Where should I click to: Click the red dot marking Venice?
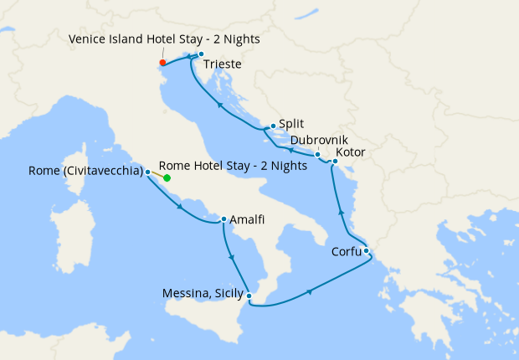coord(162,62)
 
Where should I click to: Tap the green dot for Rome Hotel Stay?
coord(167,177)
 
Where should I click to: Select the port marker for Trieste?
coord(201,54)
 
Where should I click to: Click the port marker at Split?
coord(273,126)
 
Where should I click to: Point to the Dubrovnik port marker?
coord(317,154)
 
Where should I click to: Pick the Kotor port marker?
coord(335,161)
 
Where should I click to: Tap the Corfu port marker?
coord(367,250)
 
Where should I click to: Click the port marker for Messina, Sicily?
coord(249,294)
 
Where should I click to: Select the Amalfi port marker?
coord(224,220)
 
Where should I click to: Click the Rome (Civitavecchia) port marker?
coord(148,172)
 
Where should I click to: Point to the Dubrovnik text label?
coord(319,141)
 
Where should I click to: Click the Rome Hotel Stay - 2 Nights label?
coord(233,166)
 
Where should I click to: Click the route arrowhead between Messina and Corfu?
coord(311,291)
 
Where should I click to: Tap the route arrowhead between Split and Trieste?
coord(219,105)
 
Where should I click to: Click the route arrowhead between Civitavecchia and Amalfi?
coord(181,208)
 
